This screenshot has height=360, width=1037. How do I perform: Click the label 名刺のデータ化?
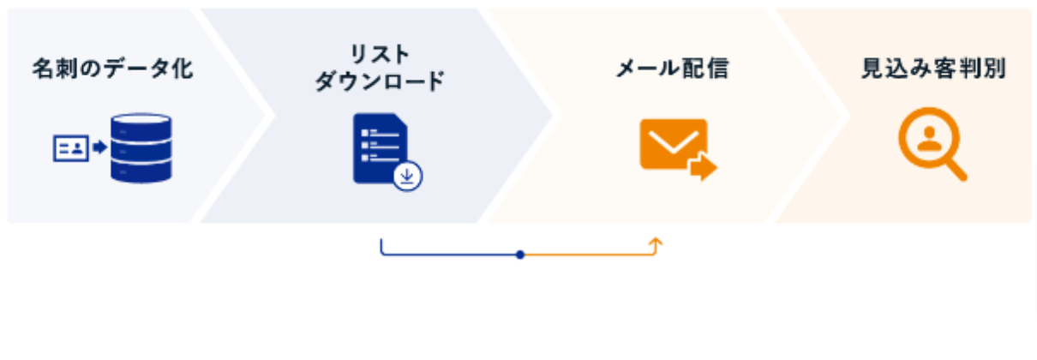click(x=112, y=69)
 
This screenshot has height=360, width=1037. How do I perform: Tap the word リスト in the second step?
click(x=380, y=53)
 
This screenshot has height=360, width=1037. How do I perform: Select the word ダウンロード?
click(x=380, y=82)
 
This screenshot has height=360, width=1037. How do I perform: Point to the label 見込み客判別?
click(x=933, y=69)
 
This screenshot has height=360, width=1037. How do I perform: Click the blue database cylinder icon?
click(x=141, y=148)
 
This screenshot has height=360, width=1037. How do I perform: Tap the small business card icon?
click(x=71, y=148)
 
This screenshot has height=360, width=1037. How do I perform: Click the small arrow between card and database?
click(x=99, y=148)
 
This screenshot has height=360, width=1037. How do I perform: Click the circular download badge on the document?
click(x=408, y=176)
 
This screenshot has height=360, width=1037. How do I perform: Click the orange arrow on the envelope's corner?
click(x=703, y=167)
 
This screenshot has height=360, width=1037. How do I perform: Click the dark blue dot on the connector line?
click(x=520, y=255)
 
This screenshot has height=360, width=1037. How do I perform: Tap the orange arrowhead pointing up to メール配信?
click(x=656, y=243)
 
